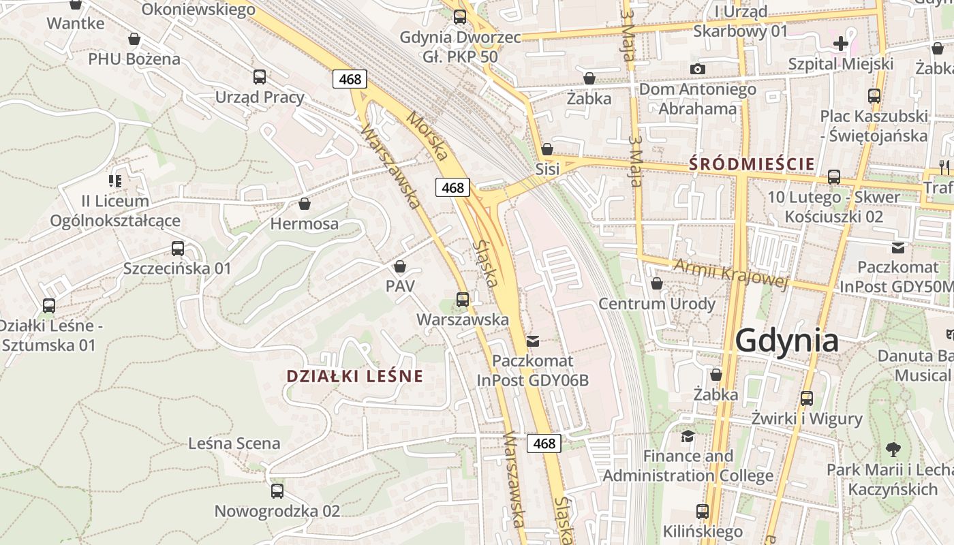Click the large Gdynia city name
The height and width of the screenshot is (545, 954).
coord(786,340)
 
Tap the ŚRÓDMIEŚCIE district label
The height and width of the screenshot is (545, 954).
coord(752,164)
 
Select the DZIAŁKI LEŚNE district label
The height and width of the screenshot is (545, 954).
coord(354,376)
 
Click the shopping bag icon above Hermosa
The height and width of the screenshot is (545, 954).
coord(305,204)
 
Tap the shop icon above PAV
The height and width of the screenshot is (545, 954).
coord(400,266)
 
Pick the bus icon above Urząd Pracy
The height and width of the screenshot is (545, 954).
coord(259,77)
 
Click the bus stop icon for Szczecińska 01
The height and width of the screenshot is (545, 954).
coord(178,249)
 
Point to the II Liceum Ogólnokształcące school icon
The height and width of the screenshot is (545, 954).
coord(115,181)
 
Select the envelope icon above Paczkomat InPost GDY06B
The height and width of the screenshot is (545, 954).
coord(532,341)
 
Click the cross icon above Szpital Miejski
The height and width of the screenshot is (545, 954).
coord(841,44)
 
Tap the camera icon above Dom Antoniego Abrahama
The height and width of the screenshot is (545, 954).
coord(697,69)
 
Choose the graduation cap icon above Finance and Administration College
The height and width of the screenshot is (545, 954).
coord(688,436)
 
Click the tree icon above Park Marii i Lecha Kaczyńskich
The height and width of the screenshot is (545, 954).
coord(893,450)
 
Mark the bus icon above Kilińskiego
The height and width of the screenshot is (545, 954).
coord(703,511)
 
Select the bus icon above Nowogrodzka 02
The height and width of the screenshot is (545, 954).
coord(277,491)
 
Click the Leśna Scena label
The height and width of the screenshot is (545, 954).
coord(234,443)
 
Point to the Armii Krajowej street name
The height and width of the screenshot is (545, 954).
coord(730,273)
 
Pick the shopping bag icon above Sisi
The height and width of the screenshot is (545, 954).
coord(547,149)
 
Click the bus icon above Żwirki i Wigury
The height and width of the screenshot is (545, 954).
coord(807,399)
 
